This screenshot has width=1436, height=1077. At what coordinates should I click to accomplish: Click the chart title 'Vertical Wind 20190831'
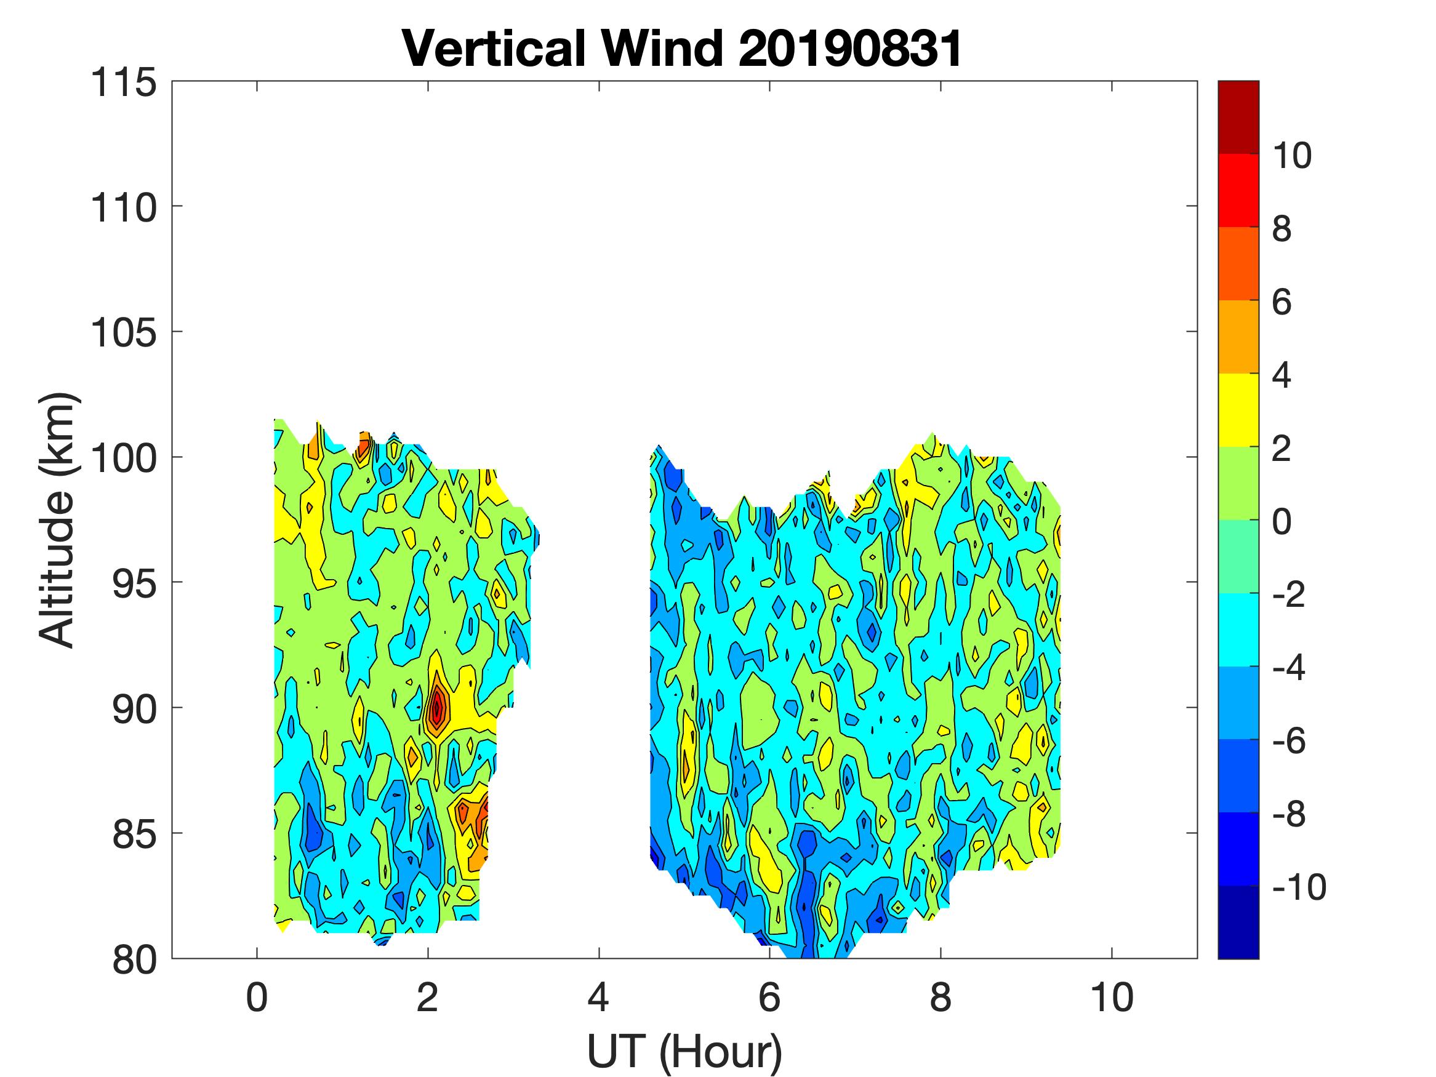pyautogui.click(x=681, y=49)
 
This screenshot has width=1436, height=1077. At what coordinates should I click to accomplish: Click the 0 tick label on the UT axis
pyautogui.click(x=257, y=998)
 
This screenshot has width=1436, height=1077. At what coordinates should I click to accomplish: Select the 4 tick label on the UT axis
pyautogui.click(x=598, y=998)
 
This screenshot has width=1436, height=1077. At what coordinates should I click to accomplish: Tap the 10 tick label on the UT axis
pyautogui.click(x=1112, y=998)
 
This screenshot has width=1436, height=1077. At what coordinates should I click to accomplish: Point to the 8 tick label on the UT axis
pyautogui.click(x=941, y=998)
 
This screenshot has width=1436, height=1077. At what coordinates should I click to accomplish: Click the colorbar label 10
pyautogui.click(x=1291, y=156)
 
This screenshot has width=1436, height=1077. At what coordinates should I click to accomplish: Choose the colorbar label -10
pyautogui.click(x=1299, y=887)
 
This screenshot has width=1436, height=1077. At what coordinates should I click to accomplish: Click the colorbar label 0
pyautogui.click(x=1282, y=521)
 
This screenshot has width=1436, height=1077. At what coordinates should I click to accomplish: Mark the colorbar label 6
pyautogui.click(x=1282, y=302)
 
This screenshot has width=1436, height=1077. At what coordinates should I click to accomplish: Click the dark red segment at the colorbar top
pyautogui.click(x=1238, y=117)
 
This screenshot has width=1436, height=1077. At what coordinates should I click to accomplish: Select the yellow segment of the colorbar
pyautogui.click(x=1238, y=410)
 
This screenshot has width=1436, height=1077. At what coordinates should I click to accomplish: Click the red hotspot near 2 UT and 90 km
pyautogui.click(x=438, y=707)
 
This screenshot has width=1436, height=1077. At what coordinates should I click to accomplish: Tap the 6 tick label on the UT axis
pyautogui.click(x=769, y=998)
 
